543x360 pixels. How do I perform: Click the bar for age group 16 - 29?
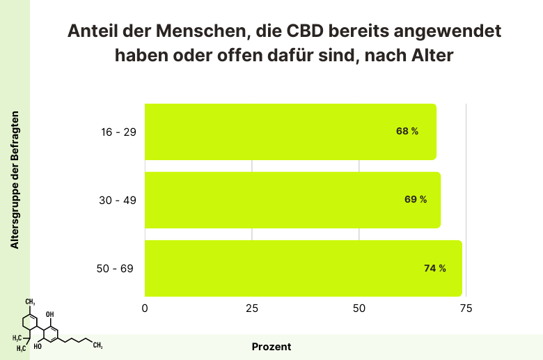pos(290,132)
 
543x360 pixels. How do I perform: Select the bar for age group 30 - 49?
pos(292,200)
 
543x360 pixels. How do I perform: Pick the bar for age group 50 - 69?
pos(303,268)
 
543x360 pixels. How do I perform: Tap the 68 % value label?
pos(407,132)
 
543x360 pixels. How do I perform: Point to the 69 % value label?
pos(416,200)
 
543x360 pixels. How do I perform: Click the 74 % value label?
pos(435,268)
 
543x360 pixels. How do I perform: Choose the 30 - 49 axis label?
pos(118,200)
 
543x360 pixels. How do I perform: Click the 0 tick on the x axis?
pos(145,308)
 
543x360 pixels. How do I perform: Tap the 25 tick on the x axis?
pos(252,308)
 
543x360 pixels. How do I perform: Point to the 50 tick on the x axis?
pos(359,308)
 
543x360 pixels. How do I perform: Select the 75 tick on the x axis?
pos(466,308)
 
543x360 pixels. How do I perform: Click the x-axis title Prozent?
pos(271,346)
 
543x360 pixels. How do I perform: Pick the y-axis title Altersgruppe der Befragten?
pos(15,179)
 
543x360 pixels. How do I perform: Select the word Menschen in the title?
pos(200,33)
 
